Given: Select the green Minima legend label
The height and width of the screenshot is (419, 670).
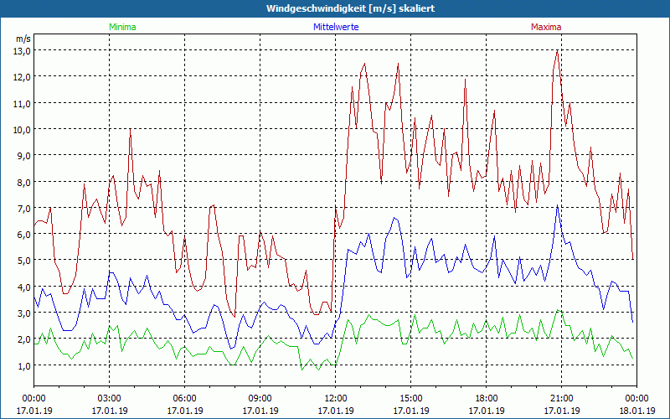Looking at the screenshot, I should [121, 27].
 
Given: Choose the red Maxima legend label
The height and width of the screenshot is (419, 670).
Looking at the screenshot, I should [546, 27].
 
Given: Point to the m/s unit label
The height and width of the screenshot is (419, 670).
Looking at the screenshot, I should [23, 39].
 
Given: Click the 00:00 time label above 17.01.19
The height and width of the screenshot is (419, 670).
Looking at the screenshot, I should [33, 398].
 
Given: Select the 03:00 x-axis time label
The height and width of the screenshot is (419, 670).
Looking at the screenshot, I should [109, 398].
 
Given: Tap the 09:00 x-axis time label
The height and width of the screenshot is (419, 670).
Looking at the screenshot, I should [260, 398].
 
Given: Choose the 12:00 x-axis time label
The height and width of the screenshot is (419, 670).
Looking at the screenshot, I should [335, 398].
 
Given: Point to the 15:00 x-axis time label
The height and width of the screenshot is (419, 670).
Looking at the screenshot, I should [410, 398].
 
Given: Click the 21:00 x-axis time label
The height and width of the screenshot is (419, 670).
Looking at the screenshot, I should [561, 398].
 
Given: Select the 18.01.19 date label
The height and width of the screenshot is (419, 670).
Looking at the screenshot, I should [636, 411].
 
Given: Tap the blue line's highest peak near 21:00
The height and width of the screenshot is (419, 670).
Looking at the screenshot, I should [558, 205].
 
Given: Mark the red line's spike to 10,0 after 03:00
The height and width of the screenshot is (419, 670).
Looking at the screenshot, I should [131, 130].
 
